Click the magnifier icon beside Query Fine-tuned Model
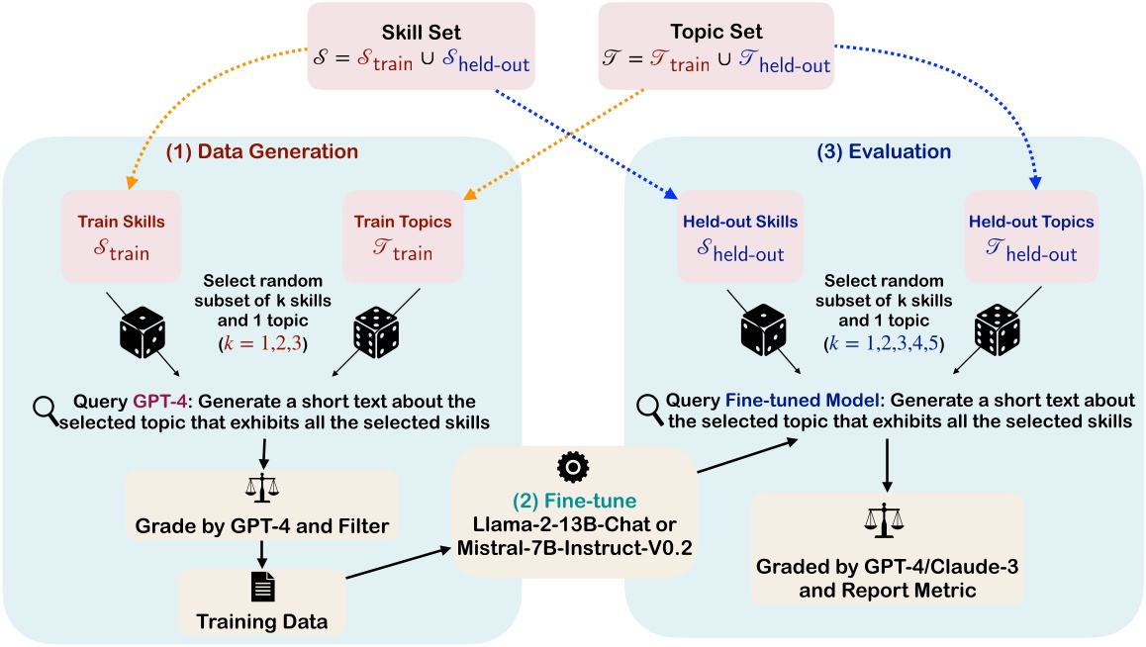tap(648, 405)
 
